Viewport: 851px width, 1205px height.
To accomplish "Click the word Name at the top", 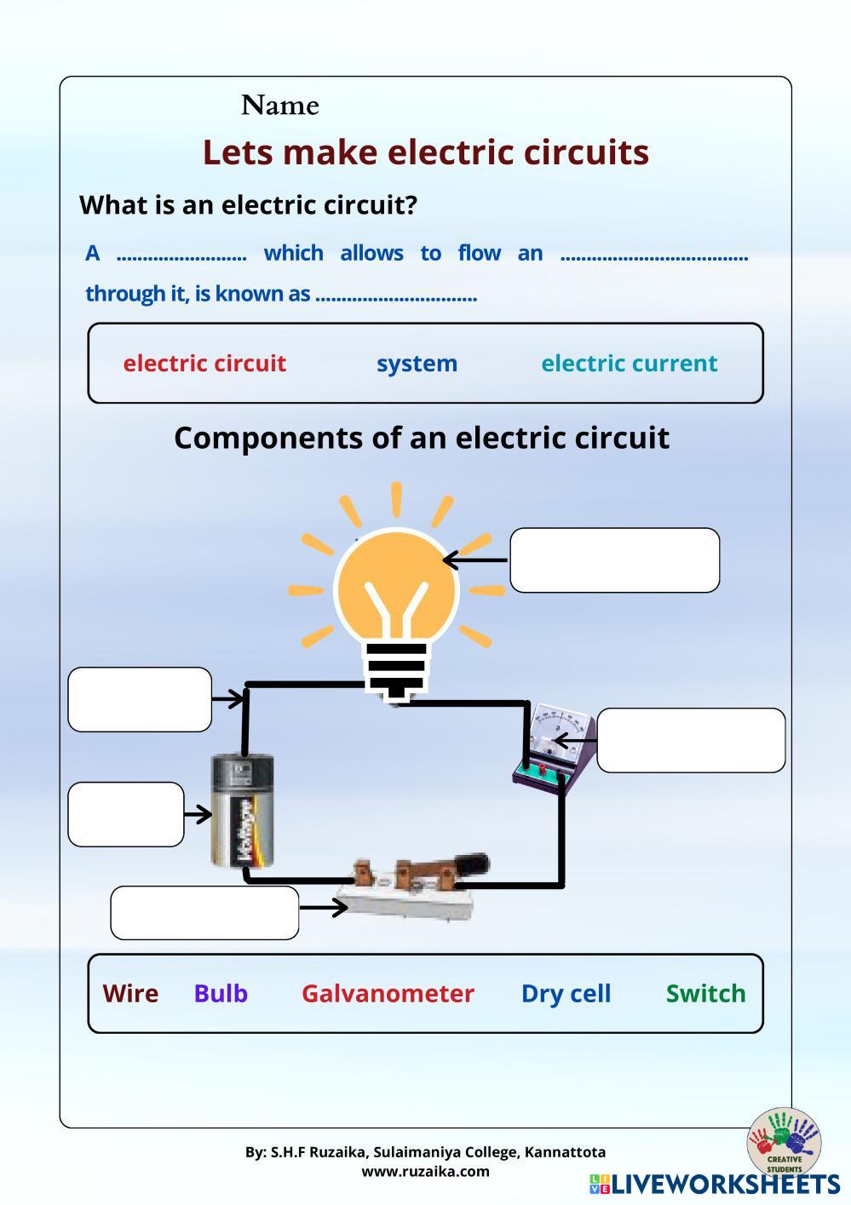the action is point(279,106).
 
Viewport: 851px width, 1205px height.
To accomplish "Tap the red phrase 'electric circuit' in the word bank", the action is point(204,363).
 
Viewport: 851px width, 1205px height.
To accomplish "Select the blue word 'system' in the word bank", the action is point(417,363).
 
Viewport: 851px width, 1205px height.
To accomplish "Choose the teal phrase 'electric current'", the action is point(629,363).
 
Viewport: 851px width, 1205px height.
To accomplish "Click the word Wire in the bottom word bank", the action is point(130,993).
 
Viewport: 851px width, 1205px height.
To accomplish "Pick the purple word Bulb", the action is point(221,993).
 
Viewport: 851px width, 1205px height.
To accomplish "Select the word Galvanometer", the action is point(388,993).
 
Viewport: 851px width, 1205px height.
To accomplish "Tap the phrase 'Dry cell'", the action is point(566,993).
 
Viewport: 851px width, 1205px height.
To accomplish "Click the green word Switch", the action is point(705,993).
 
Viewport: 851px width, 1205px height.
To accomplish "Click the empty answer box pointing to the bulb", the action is point(614,559).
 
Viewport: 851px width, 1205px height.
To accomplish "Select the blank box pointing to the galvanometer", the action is point(691,740).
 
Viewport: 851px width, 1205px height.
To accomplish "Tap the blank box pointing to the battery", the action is point(126,814).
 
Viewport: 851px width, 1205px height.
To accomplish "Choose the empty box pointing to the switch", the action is point(204,912).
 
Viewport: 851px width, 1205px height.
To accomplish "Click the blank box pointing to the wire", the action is point(140,699).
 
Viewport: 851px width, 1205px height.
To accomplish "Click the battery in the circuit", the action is point(244,811).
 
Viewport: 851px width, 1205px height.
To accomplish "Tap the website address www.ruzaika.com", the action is point(425,1171).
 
